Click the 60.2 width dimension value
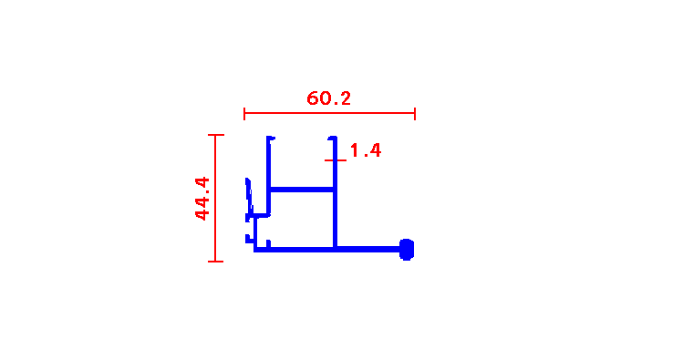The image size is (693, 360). (328, 98)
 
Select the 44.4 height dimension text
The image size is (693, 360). (202, 199)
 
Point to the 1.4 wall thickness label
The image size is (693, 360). (366, 150)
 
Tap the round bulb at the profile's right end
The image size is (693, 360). (407, 250)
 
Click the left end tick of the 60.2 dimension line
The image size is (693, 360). (244, 114)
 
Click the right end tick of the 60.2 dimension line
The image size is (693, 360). (415, 114)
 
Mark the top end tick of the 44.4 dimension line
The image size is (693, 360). (216, 135)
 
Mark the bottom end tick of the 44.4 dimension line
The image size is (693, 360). (216, 262)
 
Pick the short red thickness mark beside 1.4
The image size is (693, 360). (336, 160)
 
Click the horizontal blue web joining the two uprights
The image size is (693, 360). (302, 190)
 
